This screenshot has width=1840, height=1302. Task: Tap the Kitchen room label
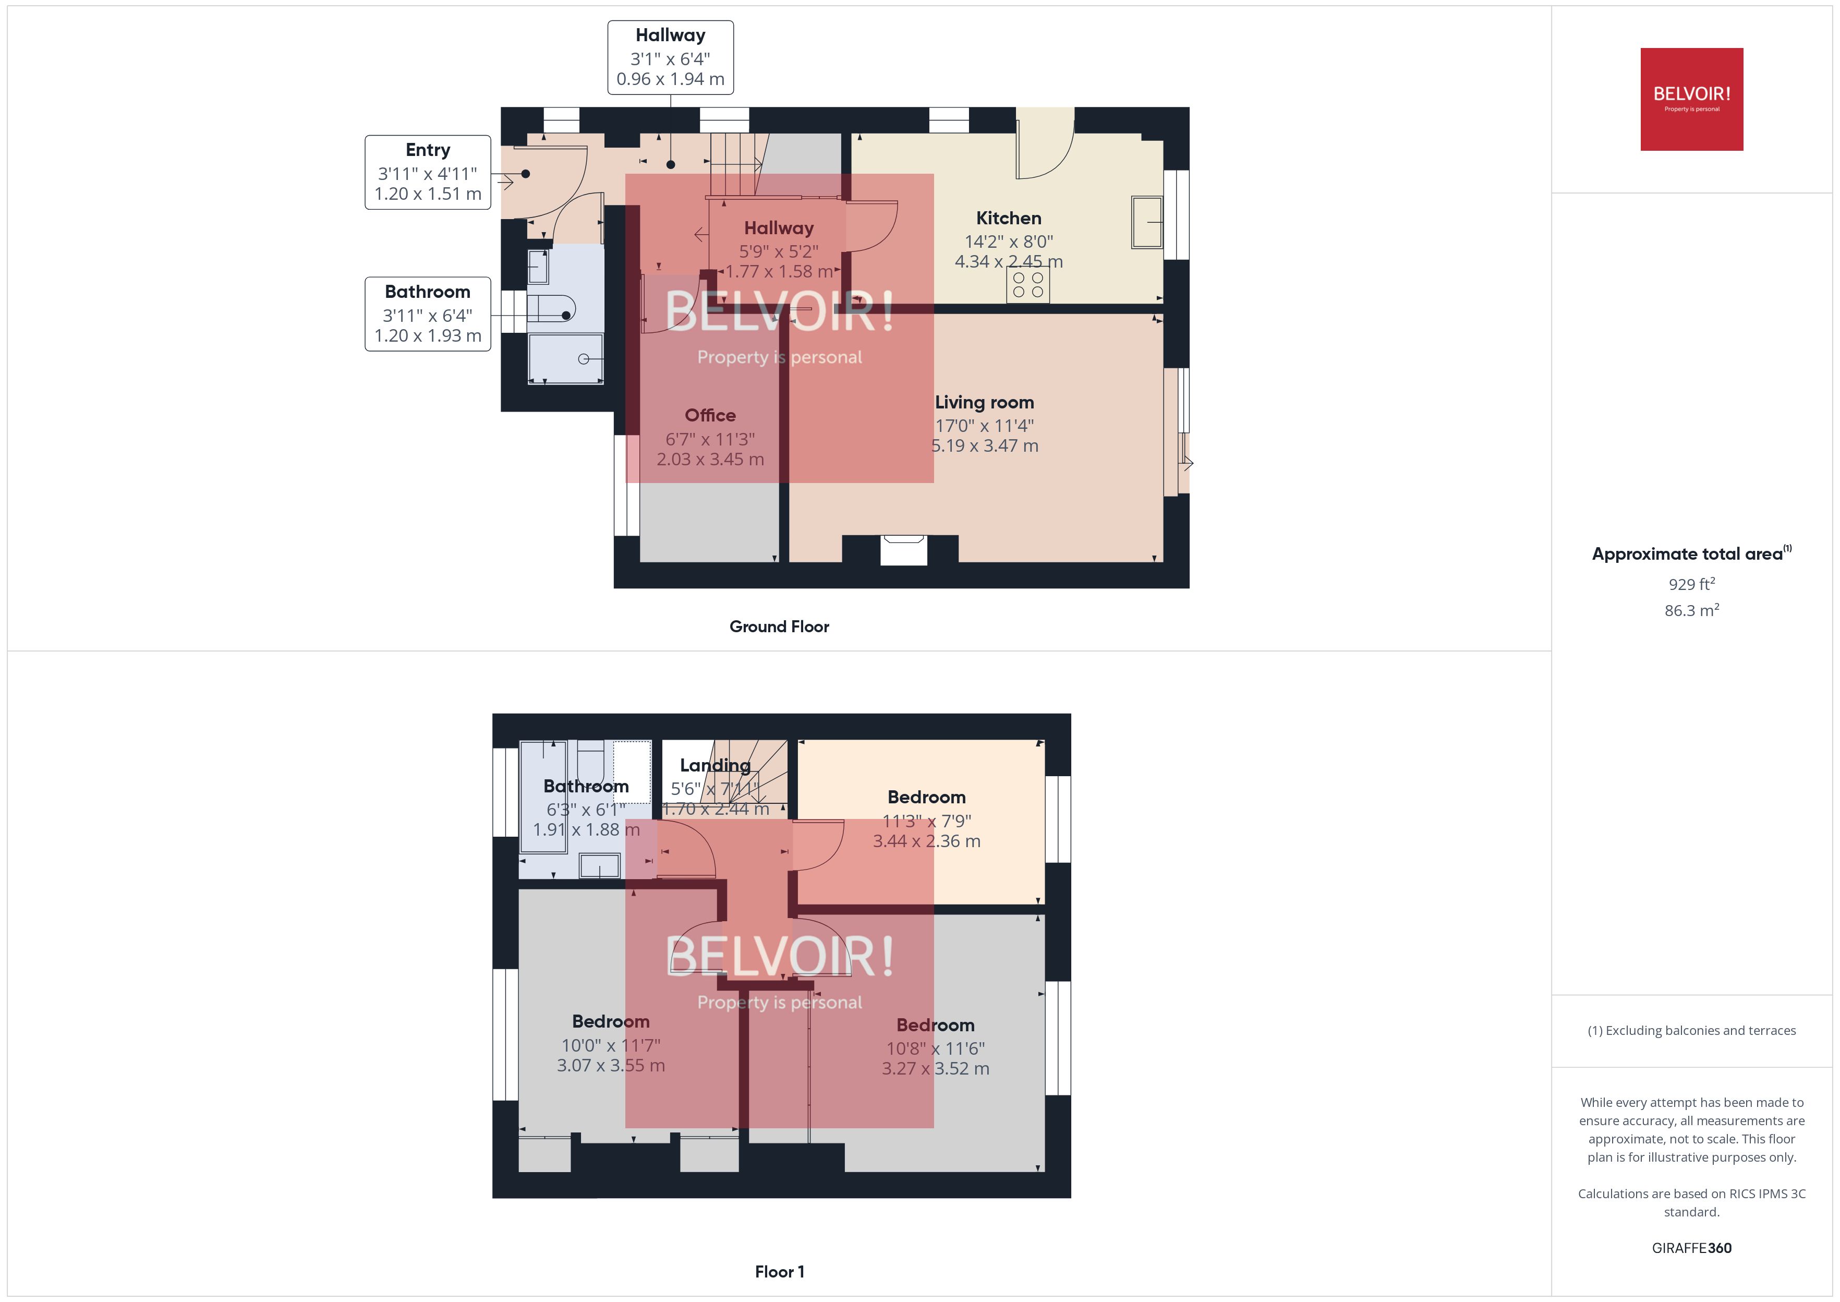pyautogui.click(x=1008, y=218)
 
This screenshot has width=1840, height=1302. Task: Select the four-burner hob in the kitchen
pyautogui.click(x=1027, y=285)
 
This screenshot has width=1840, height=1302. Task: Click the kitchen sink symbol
pyautogui.click(x=1147, y=222)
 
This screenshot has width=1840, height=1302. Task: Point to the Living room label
pyautogui.click(x=984, y=403)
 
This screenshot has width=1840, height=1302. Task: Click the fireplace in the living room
pyautogui.click(x=903, y=550)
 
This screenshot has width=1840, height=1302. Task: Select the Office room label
pyautogui.click(x=710, y=415)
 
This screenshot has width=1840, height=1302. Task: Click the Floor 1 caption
pyautogui.click(x=779, y=1272)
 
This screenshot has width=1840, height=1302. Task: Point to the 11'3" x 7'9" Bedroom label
pyautogui.click(x=926, y=798)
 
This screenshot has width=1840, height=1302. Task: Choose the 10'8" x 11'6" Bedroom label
pyautogui.click(x=935, y=1026)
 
